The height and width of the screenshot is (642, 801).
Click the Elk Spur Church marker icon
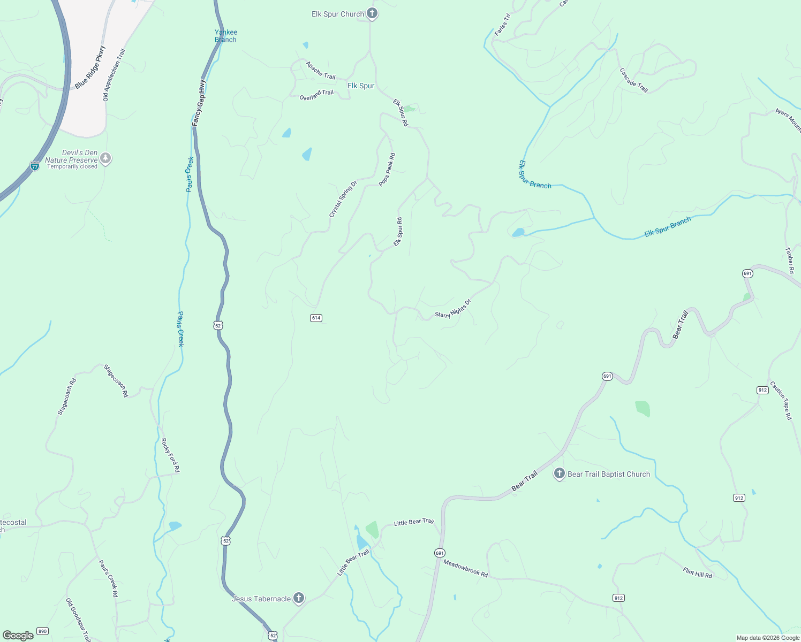pos(372,14)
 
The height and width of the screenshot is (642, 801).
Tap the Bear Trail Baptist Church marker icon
pos(559,473)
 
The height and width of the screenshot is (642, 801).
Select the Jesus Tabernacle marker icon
pos(299,598)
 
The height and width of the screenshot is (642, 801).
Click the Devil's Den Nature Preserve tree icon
pos(106,158)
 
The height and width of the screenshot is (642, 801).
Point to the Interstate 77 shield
pos(35,166)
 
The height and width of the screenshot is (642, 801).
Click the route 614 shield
pos(316,318)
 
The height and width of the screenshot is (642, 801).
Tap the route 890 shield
pos(43,631)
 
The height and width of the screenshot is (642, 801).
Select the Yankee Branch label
pos(225,36)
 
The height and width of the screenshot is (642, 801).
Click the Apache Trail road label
pos(320,70)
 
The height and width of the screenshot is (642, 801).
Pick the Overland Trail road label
pos(316,95)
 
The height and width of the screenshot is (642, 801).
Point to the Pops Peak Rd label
pos(387,170)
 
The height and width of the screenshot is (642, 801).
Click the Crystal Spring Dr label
pos(343,199)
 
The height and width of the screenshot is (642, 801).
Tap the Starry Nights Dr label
pos(453,309)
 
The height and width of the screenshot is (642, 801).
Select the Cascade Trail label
pos(634,80)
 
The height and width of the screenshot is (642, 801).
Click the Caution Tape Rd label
pos(781,400)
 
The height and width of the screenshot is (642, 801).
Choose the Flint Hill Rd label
pos(697,572)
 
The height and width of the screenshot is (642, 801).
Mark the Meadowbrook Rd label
pos(465,568)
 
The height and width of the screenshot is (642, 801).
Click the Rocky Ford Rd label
pos(170,455)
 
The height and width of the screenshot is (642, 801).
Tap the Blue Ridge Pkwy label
pos(90,67)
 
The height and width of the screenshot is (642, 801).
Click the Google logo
pos(18,636)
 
